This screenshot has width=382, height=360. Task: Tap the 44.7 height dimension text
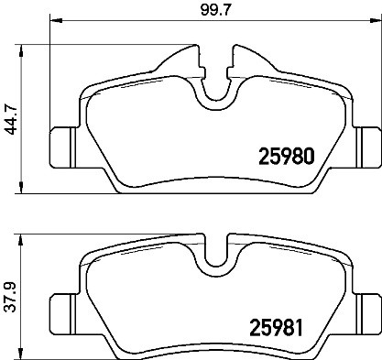[11, 118]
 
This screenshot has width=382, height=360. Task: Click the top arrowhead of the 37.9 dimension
[21, 235]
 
